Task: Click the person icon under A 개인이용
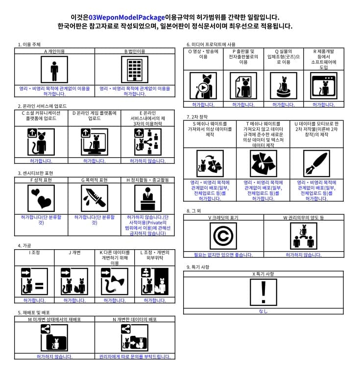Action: (x=54, y=70)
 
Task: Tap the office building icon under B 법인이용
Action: (x=135, y=70)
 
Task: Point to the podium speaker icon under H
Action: (x=147, y=198)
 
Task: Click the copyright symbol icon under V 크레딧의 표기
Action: (x=223, y=236)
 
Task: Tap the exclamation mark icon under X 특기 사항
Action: (x=264, y=293)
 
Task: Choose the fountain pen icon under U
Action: (x=316, y=163)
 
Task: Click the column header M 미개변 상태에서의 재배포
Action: (x=54, y=319)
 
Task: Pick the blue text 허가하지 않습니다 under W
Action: (x=304, y=255)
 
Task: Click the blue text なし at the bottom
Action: (x=264, y=311)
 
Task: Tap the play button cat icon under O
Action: (x=203, y=86)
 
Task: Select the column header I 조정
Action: (x=34, y=253)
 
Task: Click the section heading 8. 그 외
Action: (x=194, y=211)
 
